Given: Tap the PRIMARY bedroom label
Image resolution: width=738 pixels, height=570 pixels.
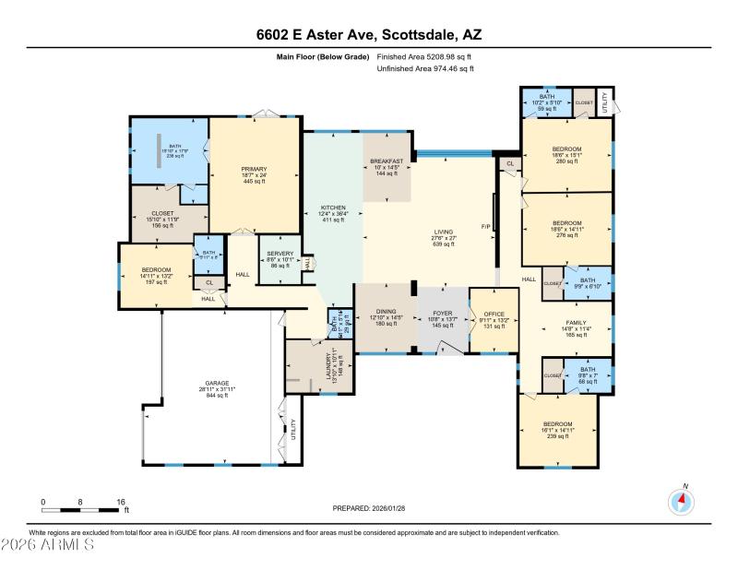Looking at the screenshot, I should coord(254,169).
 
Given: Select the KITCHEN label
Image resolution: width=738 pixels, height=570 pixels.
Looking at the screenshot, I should coord(332,207).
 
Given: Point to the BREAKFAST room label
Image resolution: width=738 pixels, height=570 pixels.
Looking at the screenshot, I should coord(387,161).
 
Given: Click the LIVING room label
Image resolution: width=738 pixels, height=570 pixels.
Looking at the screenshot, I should coord(444,232).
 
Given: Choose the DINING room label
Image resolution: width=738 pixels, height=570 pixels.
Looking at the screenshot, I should coord(387,311).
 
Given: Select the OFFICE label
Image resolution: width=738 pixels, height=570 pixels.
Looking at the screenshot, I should coord(495,314).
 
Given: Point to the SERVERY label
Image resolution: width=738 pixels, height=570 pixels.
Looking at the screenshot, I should coord(280,254).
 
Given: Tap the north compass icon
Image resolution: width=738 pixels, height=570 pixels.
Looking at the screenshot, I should coord(681,502).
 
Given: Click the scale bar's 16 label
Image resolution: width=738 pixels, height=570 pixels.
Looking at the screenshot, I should coord(120,503).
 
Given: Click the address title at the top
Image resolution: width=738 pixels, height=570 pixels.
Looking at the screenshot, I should coord(369,35).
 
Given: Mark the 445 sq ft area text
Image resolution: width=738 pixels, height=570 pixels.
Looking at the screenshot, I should coord(254,182).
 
